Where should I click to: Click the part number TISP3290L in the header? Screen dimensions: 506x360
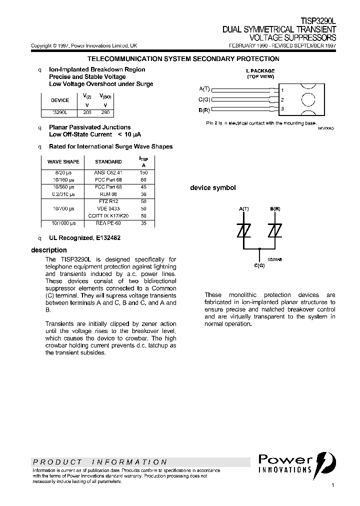tap(318, 22)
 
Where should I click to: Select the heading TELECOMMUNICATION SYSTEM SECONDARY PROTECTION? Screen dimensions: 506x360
tap(183, 59)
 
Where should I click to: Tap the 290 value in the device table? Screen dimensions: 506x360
tap(105, 113)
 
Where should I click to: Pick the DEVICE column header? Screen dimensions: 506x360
tap(60, 100)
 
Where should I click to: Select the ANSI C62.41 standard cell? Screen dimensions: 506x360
tap(108, 172)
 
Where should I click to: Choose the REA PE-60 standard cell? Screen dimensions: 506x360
tap(108, 223)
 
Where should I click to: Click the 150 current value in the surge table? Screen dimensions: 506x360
tap(144, 172)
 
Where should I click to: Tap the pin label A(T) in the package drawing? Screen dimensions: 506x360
tap(204, 89)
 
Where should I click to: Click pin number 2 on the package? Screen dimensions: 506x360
tap(282, 99)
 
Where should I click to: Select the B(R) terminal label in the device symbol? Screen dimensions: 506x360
tap(275, 207)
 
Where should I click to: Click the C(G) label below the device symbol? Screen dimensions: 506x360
tap(259, 265)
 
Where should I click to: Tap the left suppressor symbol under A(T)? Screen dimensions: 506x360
tap(243, 231)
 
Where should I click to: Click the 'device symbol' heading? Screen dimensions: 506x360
tap(212, 188)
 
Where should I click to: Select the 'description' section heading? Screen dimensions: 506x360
tap(48, 250)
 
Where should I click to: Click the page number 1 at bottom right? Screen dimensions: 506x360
tap(332, 485)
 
